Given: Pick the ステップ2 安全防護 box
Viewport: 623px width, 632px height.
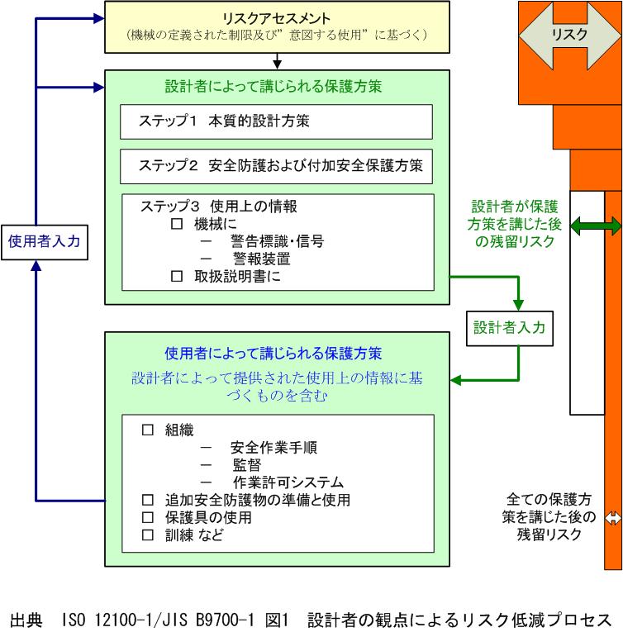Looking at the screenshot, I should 276,165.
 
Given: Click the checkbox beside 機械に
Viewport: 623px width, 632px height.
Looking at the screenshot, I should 175,223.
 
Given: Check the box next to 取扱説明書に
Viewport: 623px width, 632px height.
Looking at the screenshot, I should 175,277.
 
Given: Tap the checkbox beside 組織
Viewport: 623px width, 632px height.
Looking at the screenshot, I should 149,430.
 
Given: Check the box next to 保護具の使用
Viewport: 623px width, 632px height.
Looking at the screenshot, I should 149,518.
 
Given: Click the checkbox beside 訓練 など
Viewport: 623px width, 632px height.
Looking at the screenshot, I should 149,535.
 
